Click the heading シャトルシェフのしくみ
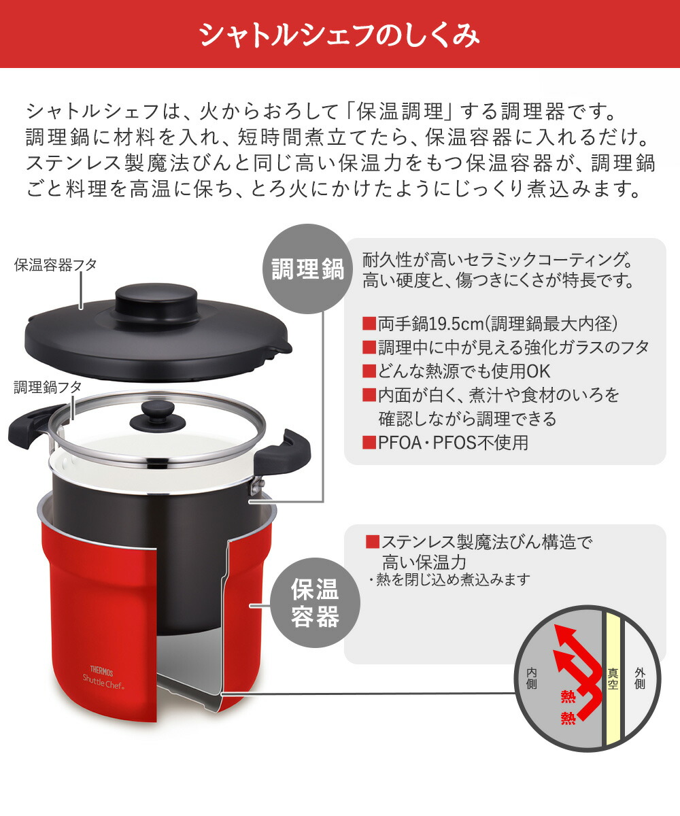(339, 35)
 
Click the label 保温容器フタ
(55, 265)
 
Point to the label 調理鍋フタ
(48, 387)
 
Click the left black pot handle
(28, 427)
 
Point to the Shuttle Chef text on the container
(103, 681)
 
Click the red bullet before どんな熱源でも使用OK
(369, 371)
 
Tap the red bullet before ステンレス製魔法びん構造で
(373, 542)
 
